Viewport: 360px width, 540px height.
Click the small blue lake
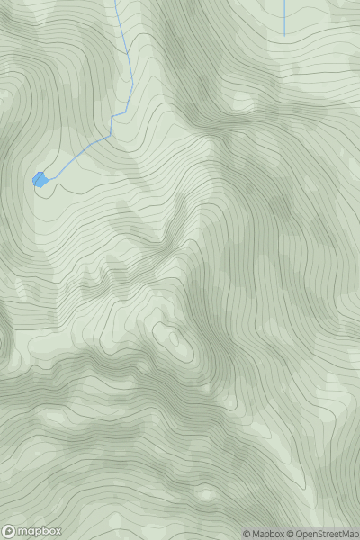pyautogui.click(x=40, y=180)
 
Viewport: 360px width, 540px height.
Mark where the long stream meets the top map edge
pyautogui.click(x=116, y=1)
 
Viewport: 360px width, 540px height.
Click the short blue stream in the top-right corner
pyautogui.click(x=284, y=18)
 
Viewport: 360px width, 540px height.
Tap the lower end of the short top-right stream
pyautogui.click(x=284, y=36)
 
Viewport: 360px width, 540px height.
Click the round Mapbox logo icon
pyautogui.click(x=9, y=531)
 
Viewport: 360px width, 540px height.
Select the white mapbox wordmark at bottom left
pyautogui.click(x=39, y=531)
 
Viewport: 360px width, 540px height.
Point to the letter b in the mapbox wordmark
pyautogui.click(x=42, y=530)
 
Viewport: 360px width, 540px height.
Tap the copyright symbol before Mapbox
pyautogui.click(x=246, y=534)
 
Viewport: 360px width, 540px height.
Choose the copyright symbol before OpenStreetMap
pyautogui.click(x=290, y=534)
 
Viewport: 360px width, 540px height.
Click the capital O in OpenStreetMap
pyautogui.click(x=298, y=534)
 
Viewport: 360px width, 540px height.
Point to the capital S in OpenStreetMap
pyautogui.click(x=321, y=534)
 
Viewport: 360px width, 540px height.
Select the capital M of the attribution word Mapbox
pyautogui.click(x=255, y=534)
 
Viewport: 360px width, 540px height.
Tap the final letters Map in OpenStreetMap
pyautogui.click(x=349, y=534)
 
